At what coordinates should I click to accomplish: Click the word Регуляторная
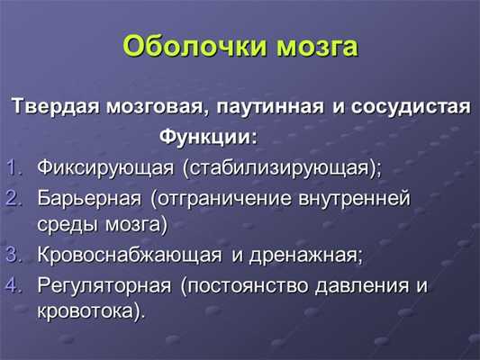(104, 286)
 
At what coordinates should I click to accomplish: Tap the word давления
(360, 286)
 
